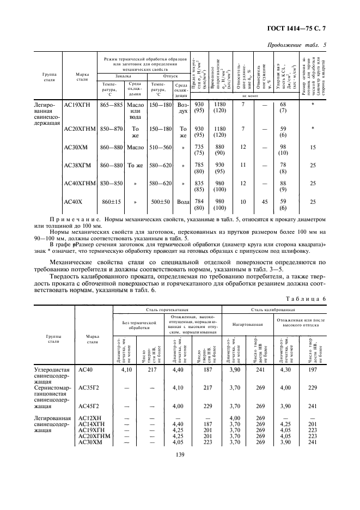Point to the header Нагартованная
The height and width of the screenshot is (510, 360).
(x=245, y=324)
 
